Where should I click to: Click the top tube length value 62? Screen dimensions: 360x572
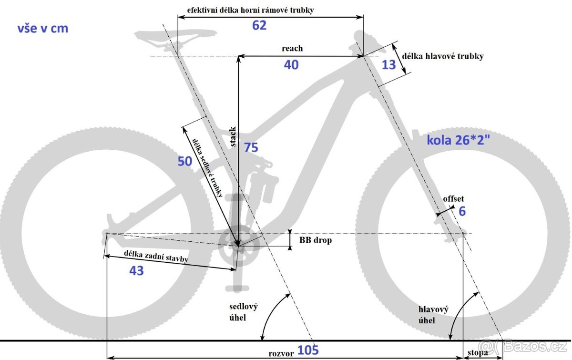259,25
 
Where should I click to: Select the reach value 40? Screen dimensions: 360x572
291,65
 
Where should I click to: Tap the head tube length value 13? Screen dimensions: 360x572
389,64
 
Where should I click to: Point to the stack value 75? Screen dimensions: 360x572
251,148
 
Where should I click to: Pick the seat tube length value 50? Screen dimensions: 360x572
184,161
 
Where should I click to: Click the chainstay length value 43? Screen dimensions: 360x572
136,270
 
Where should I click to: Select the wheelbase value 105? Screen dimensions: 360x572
308,350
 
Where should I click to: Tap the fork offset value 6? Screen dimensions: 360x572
462,211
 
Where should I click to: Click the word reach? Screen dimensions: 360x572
292,48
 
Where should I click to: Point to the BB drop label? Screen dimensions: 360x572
315,240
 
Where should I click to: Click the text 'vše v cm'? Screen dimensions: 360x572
43,29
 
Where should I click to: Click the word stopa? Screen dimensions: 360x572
478,353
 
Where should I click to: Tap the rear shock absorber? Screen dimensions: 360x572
266,184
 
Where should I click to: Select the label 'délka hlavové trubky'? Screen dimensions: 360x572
443,56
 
